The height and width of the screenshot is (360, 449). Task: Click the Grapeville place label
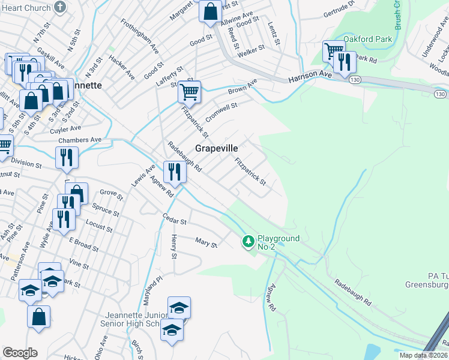pyautogui.click(x=216, y=148)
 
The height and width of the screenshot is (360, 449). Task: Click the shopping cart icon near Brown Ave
pyautogui.click(x=189, y=92)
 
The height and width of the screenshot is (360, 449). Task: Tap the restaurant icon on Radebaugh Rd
pyautogui.click(x=175, y=172)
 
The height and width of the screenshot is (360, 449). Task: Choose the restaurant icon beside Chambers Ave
pyautogui.click(x=67, y=157)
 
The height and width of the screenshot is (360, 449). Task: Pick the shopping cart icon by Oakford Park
pyautogui.click(x=333, y=50)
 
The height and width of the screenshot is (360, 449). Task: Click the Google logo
pyautogui.click(x=19, y=353)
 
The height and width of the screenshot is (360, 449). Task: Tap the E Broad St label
pyautogui.click(x=83, y=243)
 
